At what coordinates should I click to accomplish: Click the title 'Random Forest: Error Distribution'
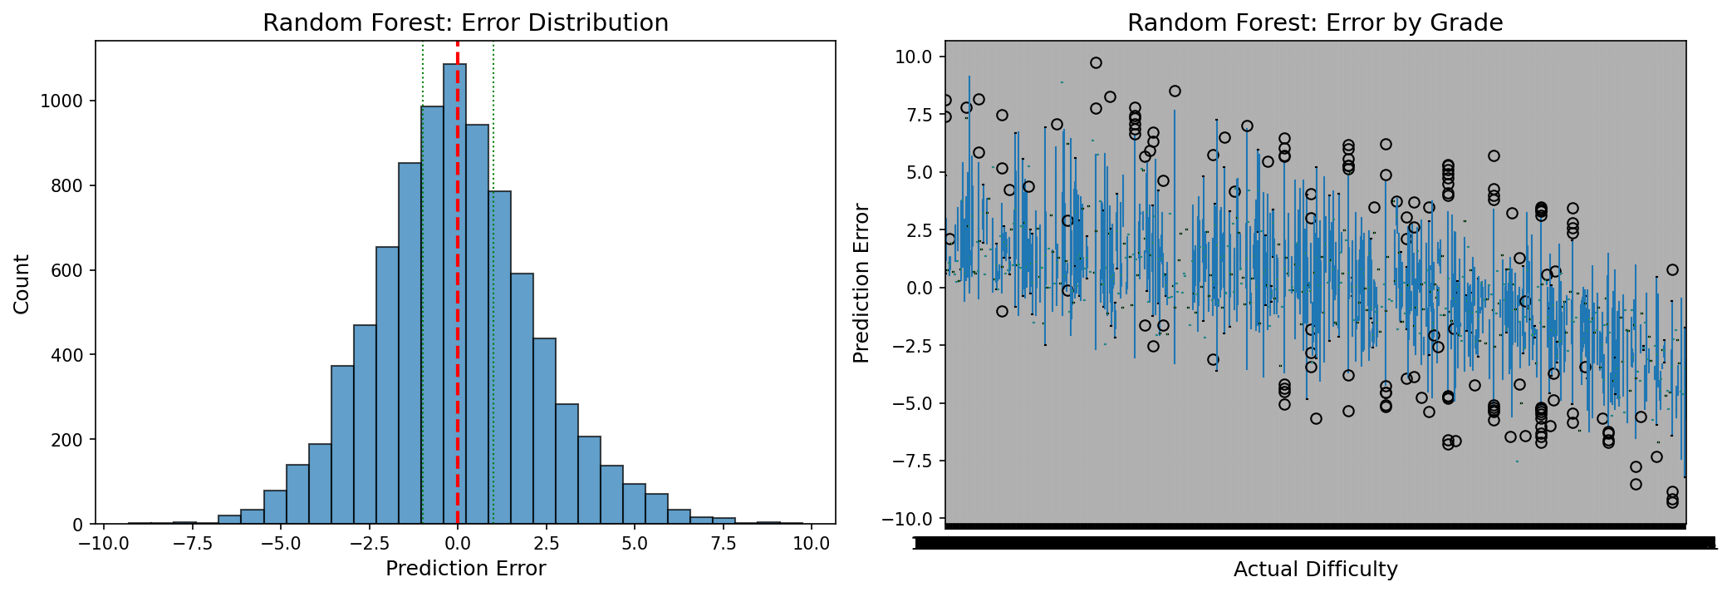pos(465,23)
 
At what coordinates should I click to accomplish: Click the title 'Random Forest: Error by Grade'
pos(1314,23)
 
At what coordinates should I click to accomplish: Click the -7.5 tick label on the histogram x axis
pos(191,544)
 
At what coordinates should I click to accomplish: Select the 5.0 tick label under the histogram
pos(634,544)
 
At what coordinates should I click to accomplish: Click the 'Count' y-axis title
pos(22,284)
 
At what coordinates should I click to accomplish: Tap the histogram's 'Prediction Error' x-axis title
pos(465,569)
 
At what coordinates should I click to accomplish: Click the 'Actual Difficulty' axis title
pos(1315,570)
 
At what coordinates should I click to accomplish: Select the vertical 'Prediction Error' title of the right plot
pos(861,284)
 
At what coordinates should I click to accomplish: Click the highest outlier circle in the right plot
pos(1096,63)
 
